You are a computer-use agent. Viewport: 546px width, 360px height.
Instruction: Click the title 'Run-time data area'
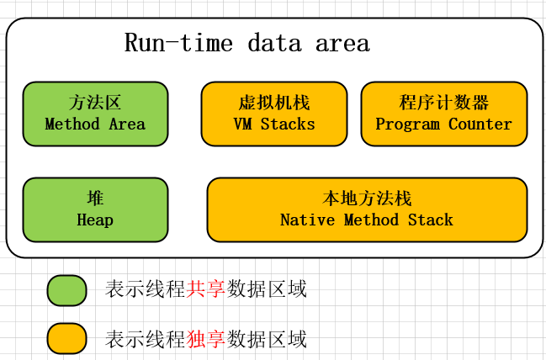coord(246,43)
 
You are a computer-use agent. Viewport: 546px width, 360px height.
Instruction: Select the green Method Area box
coord(95,114)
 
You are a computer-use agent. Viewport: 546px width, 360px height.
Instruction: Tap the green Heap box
coord(95,209)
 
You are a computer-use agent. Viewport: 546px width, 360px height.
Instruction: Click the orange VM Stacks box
coord(274,114)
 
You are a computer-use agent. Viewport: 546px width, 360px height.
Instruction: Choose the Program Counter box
coord(443,114)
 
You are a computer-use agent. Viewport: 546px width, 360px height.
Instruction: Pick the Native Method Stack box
coord(367,209)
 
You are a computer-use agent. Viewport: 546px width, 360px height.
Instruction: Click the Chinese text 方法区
coord(95,103)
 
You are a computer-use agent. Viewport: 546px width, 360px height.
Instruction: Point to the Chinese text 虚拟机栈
coord(274,103)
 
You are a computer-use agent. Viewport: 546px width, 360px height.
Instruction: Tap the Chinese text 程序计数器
coord(443,103)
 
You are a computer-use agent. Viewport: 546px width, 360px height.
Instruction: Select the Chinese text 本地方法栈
coord(367,199)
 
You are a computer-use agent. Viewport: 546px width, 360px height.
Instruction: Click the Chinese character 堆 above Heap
coord(95,199)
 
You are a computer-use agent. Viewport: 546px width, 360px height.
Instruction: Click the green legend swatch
coord(66,290)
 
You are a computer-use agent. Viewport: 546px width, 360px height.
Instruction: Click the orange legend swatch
coord(66,338)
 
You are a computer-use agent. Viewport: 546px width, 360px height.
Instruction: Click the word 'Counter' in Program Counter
coord(480,124)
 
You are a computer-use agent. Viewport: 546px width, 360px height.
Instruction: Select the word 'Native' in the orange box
coord(307,220)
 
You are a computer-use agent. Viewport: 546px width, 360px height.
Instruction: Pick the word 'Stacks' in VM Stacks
coord(288,124)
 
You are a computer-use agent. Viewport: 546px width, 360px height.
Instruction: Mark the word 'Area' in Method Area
coord(126,124)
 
